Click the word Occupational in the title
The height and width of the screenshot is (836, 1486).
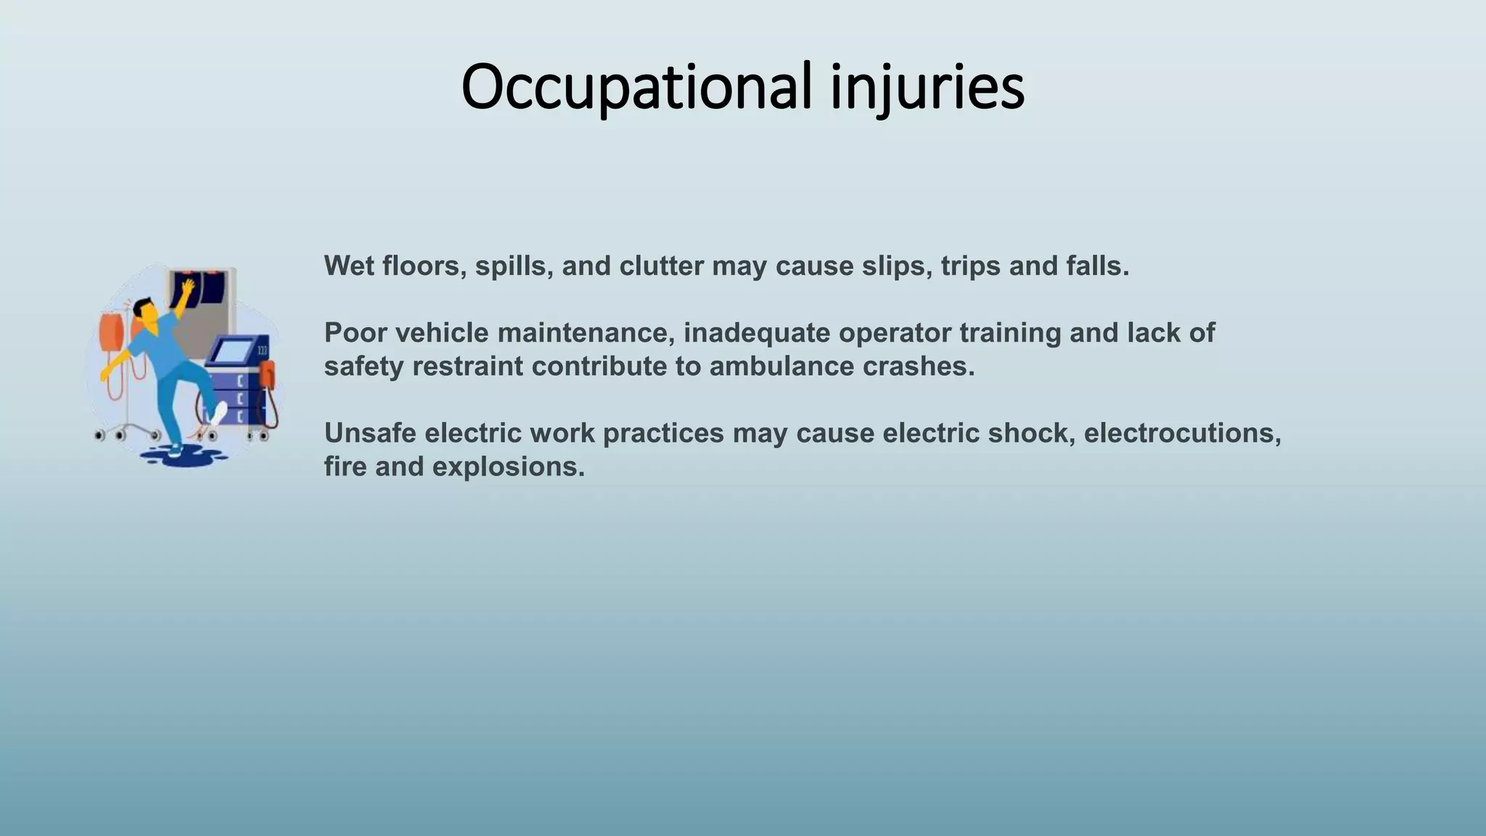636,87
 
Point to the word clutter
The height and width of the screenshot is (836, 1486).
661,266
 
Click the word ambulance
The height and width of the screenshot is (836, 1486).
781,366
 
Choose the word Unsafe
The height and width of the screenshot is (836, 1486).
369,433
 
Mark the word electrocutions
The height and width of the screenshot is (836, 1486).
1182,433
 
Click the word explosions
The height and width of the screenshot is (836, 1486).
508,466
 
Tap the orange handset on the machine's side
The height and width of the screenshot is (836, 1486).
267,374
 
